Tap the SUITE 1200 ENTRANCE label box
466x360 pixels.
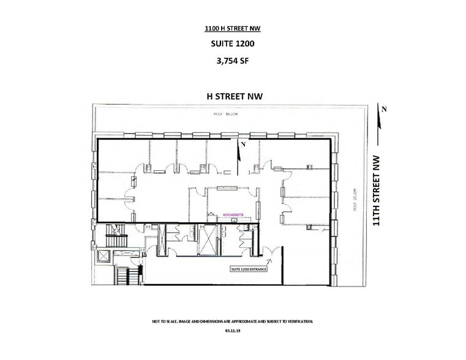[x=247, y=269]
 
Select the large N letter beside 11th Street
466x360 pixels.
[x=384, y=108]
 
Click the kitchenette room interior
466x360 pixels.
[x=228, y=201]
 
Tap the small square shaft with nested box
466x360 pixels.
[x=102, y=255]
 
